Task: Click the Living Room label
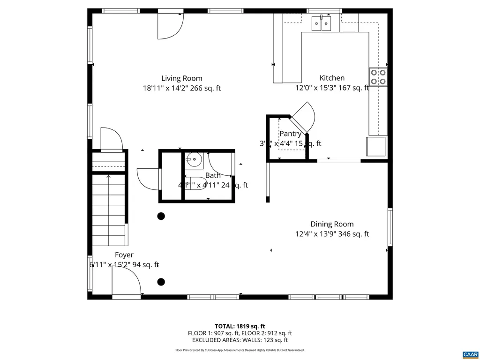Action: [x=182, y=78]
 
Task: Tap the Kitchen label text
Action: [x=332, y=78]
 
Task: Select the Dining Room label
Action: [x=332, y=224]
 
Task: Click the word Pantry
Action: [x=290, y=134]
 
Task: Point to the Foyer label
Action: [x=124, y=255]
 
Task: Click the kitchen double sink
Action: [x=322, y=23]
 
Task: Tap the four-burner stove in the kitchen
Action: [x=378, y=77]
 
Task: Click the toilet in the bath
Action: [x=194, y=184]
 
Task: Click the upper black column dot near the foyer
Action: [x=161, y=216]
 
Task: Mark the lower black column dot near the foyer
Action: [x=161, y=282]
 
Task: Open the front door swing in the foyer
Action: [x=126, y=283]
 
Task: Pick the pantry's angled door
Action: [x=303, y=118]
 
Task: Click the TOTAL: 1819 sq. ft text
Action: [x=240, y=326]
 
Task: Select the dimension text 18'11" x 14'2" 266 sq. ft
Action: [x=182, y=88]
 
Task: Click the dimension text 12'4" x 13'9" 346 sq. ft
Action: [x=332, y=234]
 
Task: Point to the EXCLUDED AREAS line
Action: [x=240, y=340]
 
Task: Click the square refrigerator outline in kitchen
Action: [x=376, y=146]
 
